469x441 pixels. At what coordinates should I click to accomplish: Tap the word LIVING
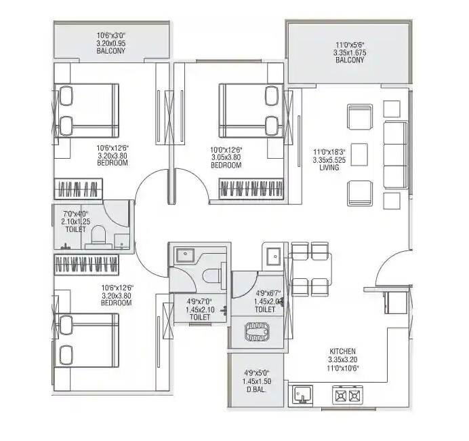(329, 168)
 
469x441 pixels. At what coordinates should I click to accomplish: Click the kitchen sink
(301, 394)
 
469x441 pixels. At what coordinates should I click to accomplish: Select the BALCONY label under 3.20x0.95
(111, 51)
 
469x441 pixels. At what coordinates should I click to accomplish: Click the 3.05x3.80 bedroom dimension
(226, 157)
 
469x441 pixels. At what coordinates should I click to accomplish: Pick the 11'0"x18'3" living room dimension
(329, 152)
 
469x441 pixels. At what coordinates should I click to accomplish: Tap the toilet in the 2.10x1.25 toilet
(98, 235)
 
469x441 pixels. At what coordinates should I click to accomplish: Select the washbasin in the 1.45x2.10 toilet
(185, 255)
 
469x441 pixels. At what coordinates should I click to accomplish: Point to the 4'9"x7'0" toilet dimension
(199, 301)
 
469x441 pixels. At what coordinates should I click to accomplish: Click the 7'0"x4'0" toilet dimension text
(76, 212)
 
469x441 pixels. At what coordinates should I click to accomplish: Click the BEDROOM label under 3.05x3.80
(226, 166)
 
